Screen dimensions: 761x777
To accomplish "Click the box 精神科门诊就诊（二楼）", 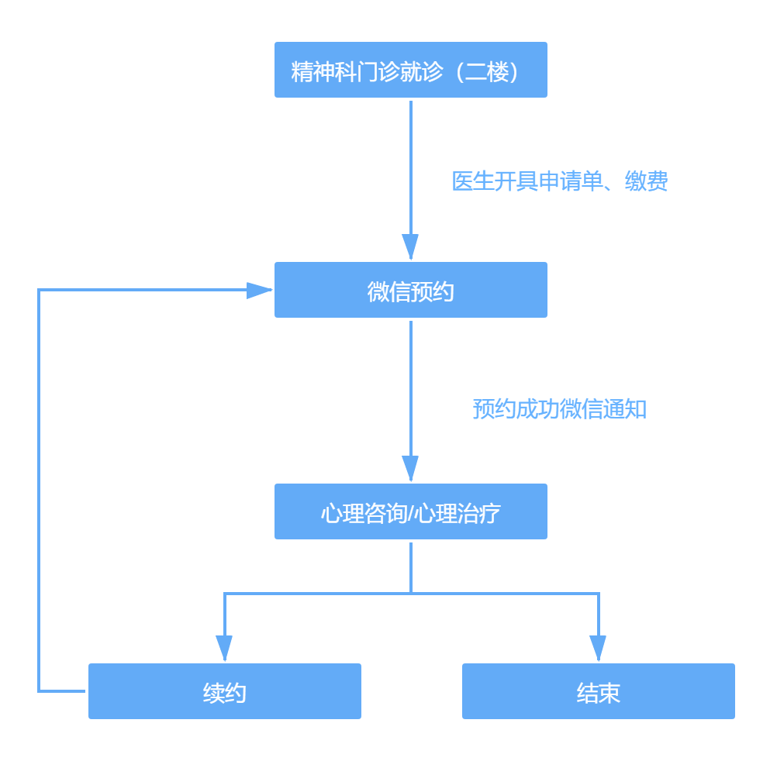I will click(410, 70).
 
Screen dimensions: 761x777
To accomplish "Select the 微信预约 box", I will click(410, 290).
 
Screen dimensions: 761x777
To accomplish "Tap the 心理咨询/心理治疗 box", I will click(410, 511).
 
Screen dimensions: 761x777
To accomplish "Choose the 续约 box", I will click(224, 691).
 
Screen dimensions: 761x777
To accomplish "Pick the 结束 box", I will click(598, 691).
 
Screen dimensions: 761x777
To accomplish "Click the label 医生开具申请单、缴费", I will click(559, 180).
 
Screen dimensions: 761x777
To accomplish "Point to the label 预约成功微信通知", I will click(559, 408).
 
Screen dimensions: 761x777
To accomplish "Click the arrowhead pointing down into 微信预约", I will click(410, 246).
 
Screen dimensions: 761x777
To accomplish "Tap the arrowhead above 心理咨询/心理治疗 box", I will click(410, 467).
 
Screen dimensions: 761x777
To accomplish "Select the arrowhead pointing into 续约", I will click(224, 647).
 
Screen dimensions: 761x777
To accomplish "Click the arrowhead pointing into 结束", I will click(598, 647).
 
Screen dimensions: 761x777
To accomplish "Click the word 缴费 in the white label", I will click(646, 181).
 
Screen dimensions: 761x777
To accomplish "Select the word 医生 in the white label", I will click(473, 181).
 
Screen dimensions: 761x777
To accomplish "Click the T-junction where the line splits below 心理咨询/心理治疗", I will click(411, 594).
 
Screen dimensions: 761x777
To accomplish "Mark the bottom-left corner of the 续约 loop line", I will click(39, 690).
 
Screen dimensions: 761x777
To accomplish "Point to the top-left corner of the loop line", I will click(39, 291).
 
